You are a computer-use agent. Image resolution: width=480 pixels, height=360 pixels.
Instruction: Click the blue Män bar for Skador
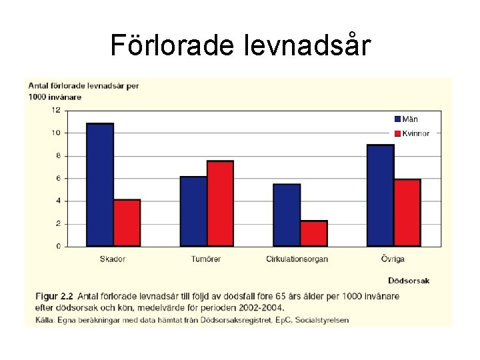click(100, 185)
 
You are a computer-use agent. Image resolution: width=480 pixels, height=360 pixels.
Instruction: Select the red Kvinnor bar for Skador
click(127, 223)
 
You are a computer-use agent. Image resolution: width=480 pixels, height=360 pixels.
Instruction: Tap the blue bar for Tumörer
click(193, 211)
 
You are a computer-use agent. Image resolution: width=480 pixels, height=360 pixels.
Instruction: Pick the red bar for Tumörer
click(220, 203)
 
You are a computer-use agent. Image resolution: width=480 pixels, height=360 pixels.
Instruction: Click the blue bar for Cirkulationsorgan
click(287, 215)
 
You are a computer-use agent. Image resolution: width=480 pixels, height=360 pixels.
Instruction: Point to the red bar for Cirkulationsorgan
click(313, 233)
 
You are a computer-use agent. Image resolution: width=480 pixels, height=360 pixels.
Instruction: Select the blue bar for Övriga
click(380, 195)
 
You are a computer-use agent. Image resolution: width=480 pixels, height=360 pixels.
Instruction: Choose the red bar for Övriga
click(407, 213)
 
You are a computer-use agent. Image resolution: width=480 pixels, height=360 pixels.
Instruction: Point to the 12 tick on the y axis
click(56, 110)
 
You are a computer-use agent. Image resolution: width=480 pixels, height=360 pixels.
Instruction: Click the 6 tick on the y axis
click(57, 179)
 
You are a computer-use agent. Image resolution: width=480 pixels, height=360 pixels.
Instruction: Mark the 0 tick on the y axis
click(57, 247)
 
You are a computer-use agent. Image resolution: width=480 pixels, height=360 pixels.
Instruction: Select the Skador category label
click(113, 259)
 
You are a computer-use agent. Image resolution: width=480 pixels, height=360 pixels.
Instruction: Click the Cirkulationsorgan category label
click(297, 259)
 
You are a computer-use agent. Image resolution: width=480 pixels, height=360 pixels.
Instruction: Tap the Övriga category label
click(393, 259)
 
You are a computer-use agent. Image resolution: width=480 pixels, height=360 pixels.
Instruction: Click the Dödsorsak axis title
click(409, 281)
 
